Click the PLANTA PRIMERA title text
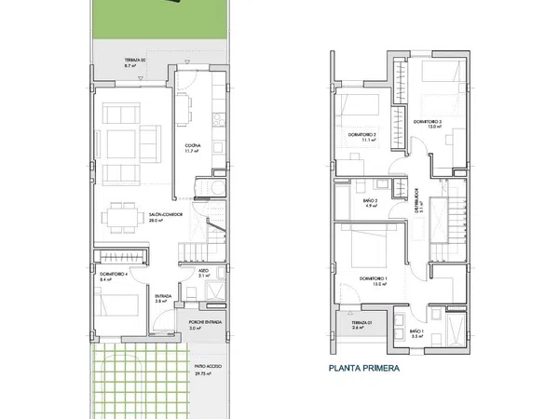coord(363,368)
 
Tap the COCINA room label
coord(193,147)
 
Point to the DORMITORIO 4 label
coord(112,275)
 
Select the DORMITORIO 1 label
coord(373,279)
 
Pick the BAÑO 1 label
coord(416,331)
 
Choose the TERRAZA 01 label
coord(362,324)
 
